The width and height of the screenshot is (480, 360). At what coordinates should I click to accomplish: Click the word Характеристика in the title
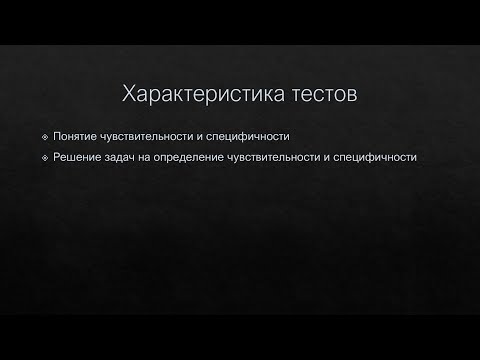(204, 96)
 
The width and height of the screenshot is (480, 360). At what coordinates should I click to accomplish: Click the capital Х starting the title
(128, 96)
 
